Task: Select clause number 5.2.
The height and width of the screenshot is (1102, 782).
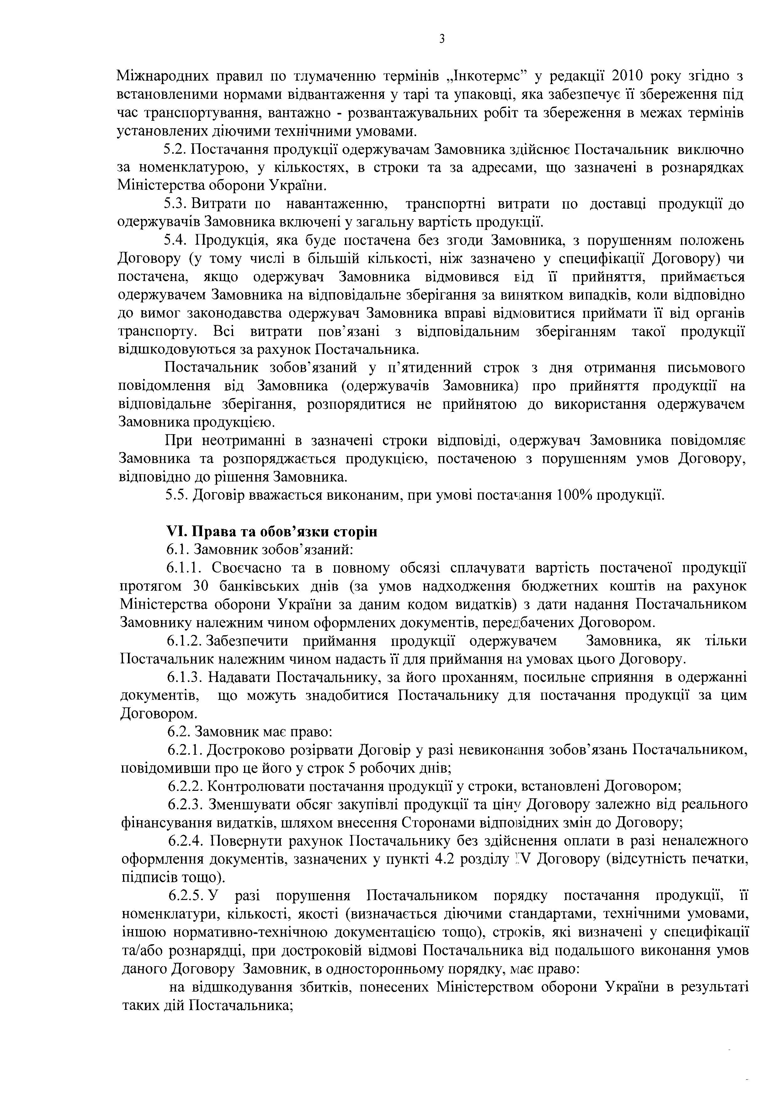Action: coord(175,150)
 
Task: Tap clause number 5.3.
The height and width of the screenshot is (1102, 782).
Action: coord(175,204)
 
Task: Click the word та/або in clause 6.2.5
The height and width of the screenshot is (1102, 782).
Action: coord(141,950)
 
